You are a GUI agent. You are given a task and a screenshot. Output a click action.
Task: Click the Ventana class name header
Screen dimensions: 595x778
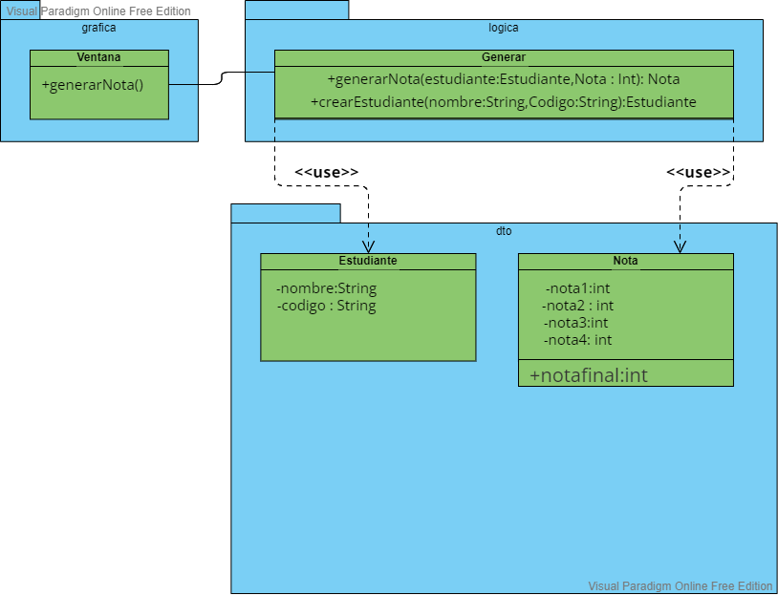(98, 57)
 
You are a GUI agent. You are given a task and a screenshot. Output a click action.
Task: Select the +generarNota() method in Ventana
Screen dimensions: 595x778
(92, 85)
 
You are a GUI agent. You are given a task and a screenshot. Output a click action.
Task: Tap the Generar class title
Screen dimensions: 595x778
(504, 57)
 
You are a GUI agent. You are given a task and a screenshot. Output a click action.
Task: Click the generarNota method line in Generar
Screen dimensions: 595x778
(503, 79)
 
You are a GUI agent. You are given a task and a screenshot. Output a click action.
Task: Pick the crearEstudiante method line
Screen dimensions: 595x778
(503, 101)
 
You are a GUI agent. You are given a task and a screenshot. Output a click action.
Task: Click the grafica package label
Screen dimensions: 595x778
(99, 28)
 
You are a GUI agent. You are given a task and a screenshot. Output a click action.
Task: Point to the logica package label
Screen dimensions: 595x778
(504, 28)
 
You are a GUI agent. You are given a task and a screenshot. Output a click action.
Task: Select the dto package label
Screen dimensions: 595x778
(504, 231)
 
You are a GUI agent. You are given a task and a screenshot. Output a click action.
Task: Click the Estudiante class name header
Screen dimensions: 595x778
(368, 261)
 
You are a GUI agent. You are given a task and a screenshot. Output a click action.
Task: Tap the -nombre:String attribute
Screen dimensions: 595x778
(326, 288)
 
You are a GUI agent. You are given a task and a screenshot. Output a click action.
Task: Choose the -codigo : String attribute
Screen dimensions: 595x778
(326, 306)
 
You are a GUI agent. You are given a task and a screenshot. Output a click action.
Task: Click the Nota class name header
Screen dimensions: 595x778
(625, 261)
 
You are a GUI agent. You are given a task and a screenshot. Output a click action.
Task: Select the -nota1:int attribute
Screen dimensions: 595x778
(577, 288)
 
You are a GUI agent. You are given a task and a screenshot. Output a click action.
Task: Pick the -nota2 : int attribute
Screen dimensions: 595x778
(577, 306)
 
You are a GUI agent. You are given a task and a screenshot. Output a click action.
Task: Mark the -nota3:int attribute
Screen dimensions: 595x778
(576, 323)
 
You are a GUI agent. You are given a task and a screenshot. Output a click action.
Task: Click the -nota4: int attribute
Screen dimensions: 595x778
(577, 340)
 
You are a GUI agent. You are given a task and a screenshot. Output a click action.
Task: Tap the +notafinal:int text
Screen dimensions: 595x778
(588, 375)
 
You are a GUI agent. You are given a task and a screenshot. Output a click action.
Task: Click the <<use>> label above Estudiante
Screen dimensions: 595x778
(326, 172)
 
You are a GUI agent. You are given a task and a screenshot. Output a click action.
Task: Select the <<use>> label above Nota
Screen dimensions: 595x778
(698, 172)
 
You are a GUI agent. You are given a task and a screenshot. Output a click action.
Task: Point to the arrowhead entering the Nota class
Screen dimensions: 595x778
(680, 247)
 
